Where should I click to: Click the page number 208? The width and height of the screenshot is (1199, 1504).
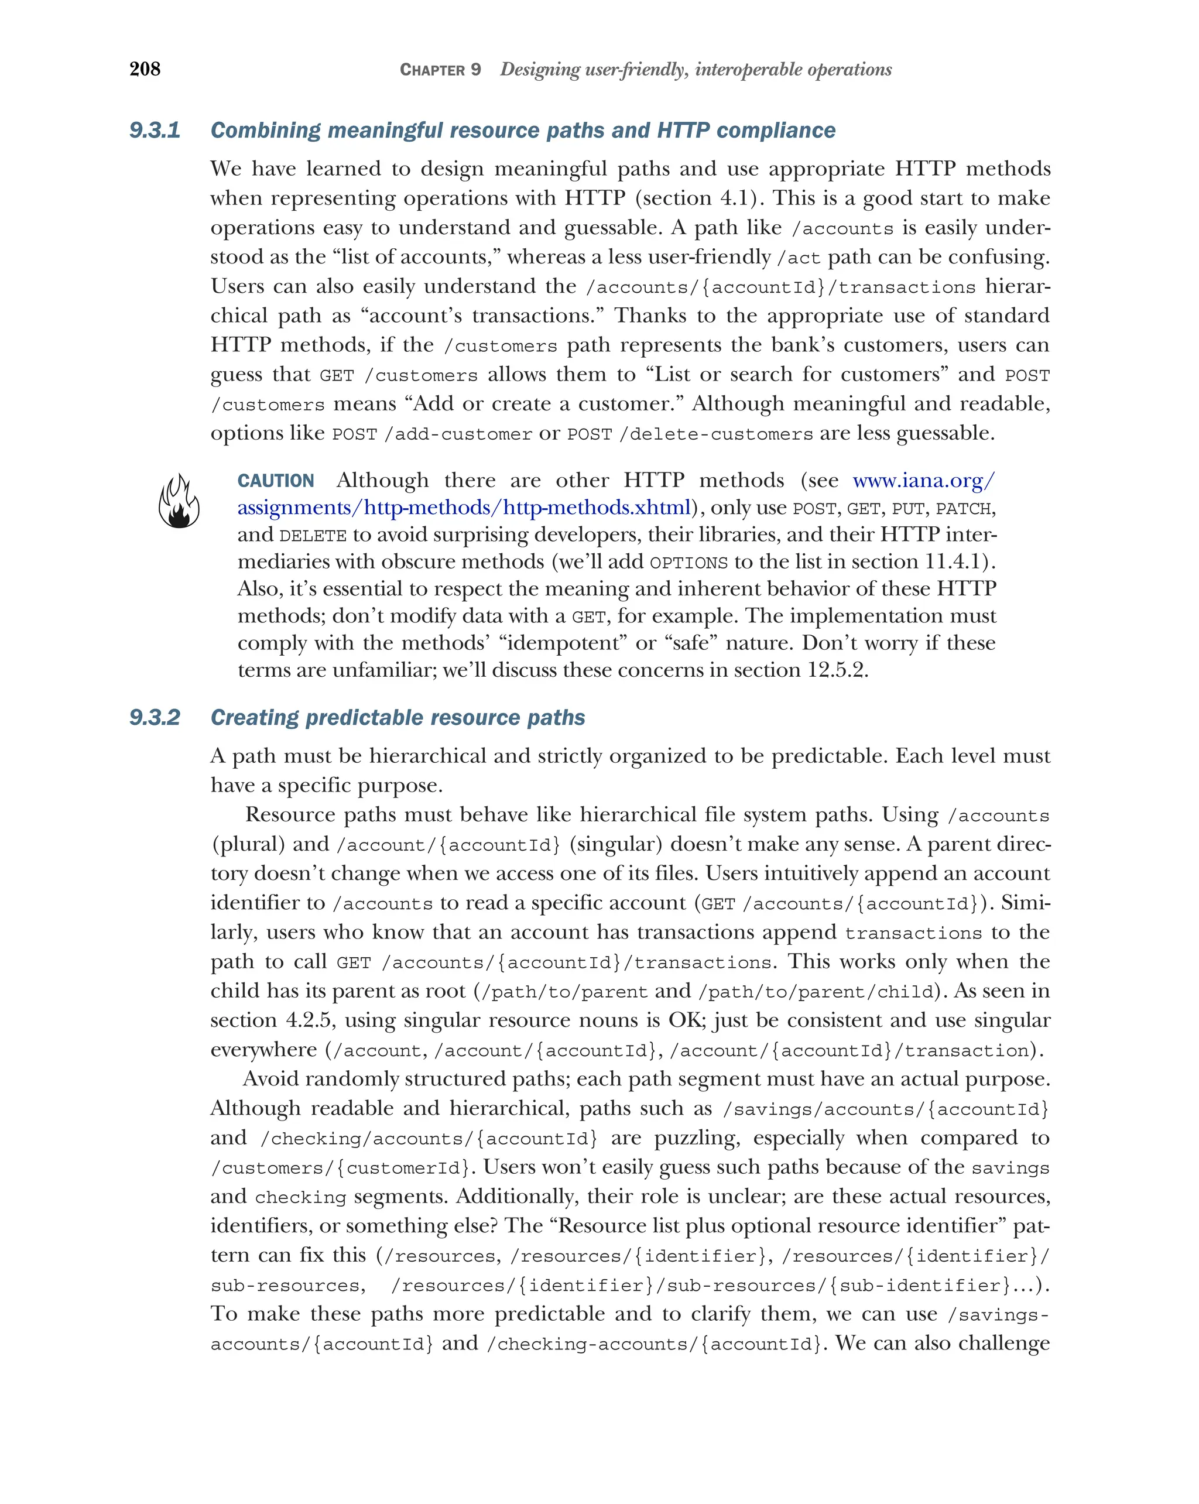coord(145,69)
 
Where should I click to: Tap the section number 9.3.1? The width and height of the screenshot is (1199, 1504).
coord(155,131)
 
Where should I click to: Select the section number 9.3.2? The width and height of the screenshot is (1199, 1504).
coord(155,718)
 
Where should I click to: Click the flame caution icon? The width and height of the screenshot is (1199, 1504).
coord(179,501)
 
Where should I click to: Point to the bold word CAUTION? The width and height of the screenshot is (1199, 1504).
coord(276,481)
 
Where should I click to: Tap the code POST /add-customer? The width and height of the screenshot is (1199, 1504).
coord(431,434)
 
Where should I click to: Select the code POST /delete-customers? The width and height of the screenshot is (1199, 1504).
coord(689,434)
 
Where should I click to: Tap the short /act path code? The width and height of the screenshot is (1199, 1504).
coord(799,258)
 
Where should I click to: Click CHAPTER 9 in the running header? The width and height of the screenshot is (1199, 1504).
coord(440,70)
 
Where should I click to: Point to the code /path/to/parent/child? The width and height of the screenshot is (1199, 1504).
coord(816,992)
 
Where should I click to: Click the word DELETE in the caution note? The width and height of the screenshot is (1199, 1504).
coord(313,536)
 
